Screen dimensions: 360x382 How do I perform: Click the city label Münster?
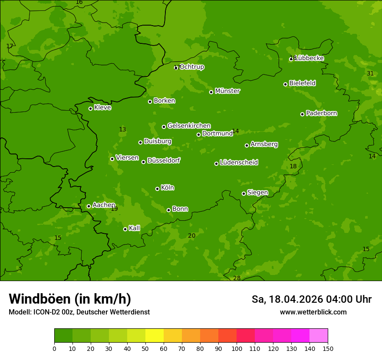(x=227, y=91)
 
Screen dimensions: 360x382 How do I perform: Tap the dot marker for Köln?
(x=157, y=189)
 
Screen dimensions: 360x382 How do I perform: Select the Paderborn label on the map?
(x=322, y=113)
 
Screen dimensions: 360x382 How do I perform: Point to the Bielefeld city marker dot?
(x=286, y=84)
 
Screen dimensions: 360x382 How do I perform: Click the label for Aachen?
(x=104, y=205)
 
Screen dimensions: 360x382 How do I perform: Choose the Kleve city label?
(x=102, y=108)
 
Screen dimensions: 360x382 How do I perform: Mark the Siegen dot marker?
(x=244, y=193)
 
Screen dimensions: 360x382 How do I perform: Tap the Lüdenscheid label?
(x=239, y=163)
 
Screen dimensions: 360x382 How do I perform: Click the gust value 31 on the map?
(x=370, y=73)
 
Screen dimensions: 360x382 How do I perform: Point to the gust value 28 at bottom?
(x=237, y=278)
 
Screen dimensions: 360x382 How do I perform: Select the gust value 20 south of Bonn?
(x=191, y=236)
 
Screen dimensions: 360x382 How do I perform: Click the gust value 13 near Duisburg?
(x=122, y=129)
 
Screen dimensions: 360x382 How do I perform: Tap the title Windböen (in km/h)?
(x=70, y=299)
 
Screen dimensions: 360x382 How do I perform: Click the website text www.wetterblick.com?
(x=313, y=312)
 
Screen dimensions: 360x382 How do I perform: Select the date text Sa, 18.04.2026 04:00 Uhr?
(x=311, y=299)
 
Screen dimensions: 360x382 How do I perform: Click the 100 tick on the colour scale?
(x=237, y=348)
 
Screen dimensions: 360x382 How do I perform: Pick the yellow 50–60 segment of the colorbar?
(x=155, y=336)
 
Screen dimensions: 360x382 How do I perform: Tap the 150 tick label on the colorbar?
(x=327, y=348)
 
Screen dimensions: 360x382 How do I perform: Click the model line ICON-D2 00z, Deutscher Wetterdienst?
(x=79, y=312)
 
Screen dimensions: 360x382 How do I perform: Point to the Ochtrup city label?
(x=191, y=67)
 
